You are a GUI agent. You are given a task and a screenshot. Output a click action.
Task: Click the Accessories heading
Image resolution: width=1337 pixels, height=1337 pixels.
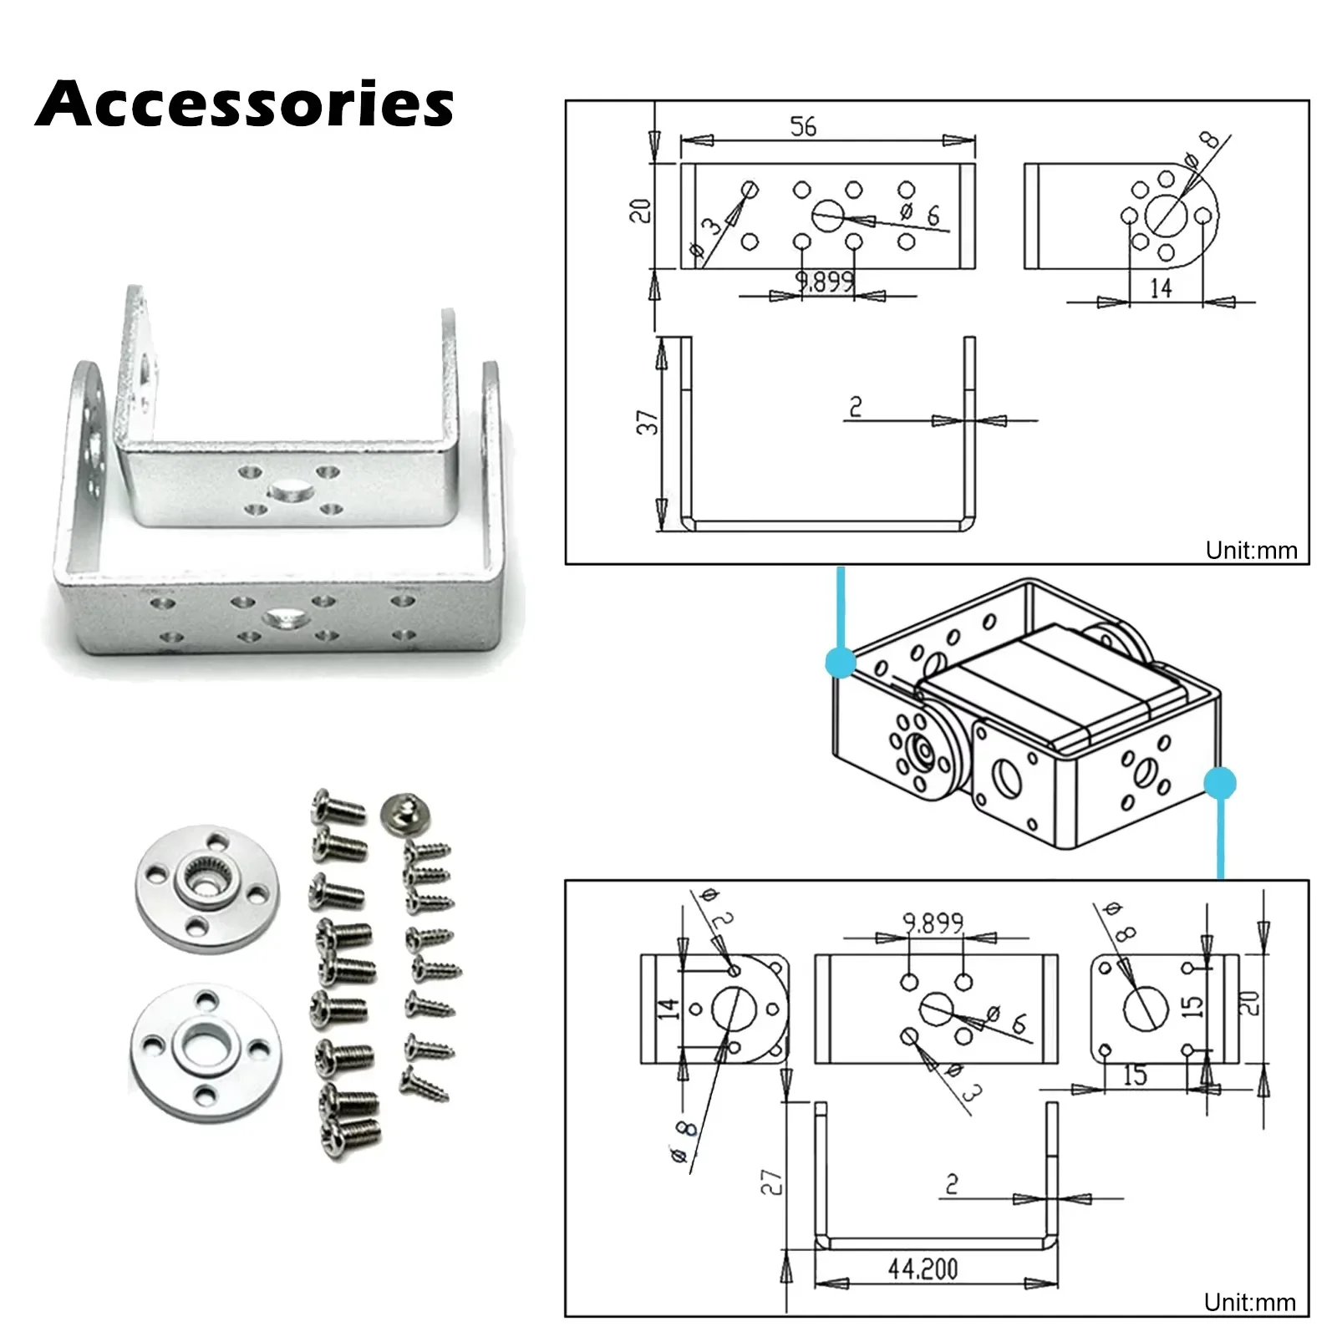pos(244,104)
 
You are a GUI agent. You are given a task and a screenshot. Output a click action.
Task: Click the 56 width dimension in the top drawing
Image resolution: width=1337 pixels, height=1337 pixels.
pos(803,127)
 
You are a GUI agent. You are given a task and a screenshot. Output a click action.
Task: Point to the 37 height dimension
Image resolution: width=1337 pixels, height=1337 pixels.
pos(648,422)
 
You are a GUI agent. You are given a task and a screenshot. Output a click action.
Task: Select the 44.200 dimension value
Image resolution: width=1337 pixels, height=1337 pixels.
pos(923,1268)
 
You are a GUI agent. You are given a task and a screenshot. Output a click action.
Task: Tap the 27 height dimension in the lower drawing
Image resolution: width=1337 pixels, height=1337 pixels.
pos(770,1181)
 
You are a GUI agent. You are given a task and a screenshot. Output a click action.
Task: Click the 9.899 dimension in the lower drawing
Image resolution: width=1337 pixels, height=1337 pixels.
pos(933,923)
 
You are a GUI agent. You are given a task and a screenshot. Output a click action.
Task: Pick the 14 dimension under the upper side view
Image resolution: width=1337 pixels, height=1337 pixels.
pos(1161,288)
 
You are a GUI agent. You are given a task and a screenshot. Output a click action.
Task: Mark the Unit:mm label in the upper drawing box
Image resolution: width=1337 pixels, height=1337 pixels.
pos(1251,551)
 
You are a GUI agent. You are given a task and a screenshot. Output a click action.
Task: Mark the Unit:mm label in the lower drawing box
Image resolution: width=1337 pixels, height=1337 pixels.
pos(1249,1302)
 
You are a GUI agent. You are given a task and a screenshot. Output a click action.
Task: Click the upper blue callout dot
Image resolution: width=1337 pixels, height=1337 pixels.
pos(841,663)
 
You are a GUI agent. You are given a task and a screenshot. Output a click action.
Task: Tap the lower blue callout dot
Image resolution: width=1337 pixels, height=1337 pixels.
pos(1220,784)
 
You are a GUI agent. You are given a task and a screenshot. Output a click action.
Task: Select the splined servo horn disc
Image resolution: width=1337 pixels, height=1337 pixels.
pos(207,886)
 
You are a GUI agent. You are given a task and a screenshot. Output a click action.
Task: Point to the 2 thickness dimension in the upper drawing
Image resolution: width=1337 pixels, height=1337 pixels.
pos(855,407)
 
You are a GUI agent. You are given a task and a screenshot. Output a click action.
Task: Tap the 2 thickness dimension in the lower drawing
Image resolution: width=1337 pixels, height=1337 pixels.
pos(952,1184)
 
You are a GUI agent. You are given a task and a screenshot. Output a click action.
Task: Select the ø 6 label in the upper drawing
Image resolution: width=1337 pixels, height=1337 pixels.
pos(920,214)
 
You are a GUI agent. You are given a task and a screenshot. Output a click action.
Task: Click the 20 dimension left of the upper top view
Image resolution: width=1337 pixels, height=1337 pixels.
pos(640,211)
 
